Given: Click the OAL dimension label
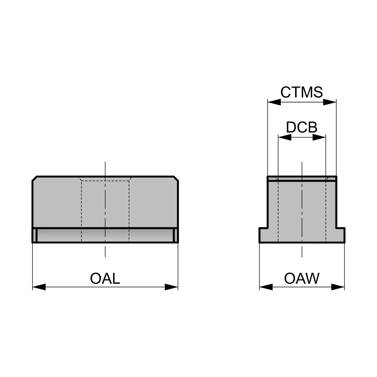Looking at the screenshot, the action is (x=105, y=278).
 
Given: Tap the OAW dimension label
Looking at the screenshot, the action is (x=302, y=278).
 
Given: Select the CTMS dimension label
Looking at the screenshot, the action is (x=302, y=92).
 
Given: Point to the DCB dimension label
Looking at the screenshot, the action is (x=302, y=127).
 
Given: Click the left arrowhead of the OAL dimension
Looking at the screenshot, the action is (x=39, y=287).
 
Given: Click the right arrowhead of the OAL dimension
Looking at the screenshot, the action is (x=171, y=287).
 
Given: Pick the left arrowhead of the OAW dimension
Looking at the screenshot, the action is (x=266, y=287).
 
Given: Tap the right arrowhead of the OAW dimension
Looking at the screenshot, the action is (x=338, y=287).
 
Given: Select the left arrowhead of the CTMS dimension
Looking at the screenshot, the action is (x=274, y=102).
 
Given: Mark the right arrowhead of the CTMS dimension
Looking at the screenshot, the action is (x=329, y=102).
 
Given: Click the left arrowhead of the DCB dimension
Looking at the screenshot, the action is (x=285, y=137).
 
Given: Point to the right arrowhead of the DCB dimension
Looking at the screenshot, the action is (x=319, y=137).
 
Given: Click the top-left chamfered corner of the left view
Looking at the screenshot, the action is (x=34, y=178).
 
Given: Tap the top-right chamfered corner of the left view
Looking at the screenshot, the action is (x=176, y=178).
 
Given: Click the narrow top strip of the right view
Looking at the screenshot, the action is (x=302, y=178).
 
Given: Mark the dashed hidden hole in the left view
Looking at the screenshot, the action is (x=105, y=210).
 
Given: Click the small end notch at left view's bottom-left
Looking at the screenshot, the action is (x=35, y=235).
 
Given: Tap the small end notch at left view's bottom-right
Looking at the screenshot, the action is (x=176, y=235).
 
